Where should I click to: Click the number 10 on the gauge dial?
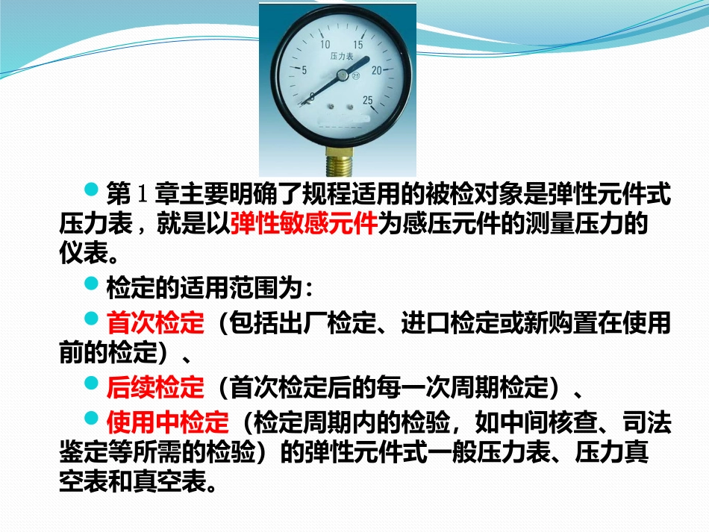coord(325,45)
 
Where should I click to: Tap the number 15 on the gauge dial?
coord(358,46)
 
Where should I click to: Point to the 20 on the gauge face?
coord(377,70)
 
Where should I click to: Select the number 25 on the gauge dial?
coord(367,101)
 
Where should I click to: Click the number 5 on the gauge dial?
coord(304,70)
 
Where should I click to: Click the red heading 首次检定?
coord(155,324)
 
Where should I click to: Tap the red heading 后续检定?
coord(155,387)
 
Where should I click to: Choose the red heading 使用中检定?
coord(167,424)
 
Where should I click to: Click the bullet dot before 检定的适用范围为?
coord(92,284)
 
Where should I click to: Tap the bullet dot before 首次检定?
coord(92,319)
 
